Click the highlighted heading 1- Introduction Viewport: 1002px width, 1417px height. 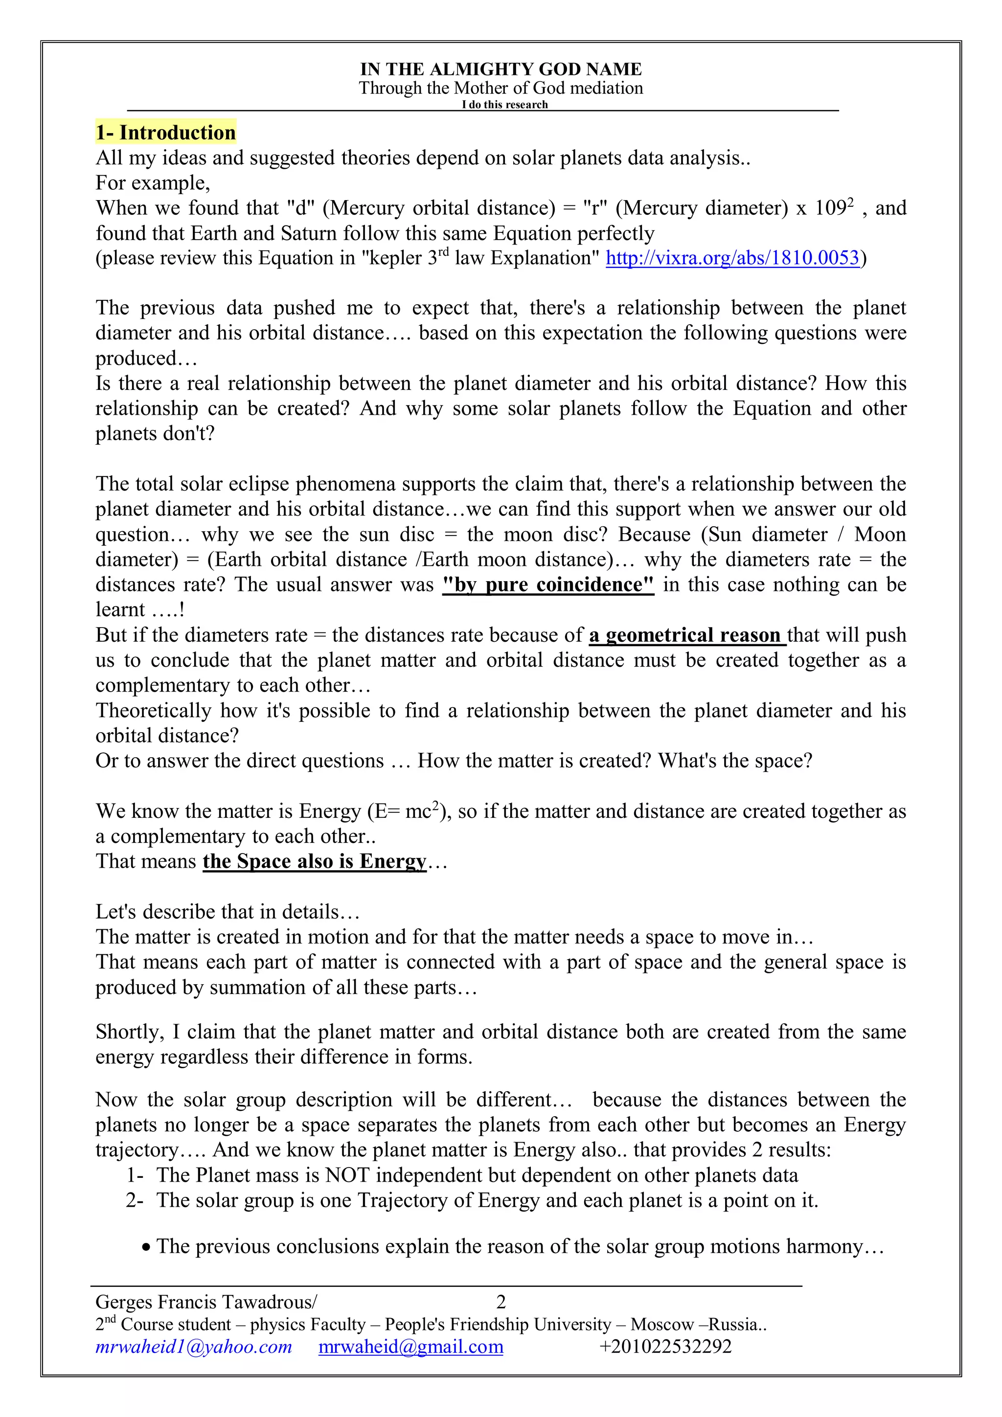pos(165,133)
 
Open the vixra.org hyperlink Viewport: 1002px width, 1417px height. pos(732,258)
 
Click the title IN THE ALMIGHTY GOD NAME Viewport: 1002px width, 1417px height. pos(501,69)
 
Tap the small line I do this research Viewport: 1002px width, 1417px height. pos(504,105)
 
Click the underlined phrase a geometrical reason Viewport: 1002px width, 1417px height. pos(686,635)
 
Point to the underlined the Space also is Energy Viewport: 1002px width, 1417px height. pos(314,861)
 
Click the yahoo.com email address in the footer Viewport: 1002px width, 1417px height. pos(193,1347)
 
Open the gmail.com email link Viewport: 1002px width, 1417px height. pos(410,1347)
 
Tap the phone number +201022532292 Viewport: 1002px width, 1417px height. pos(665,1347)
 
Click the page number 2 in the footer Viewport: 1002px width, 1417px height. pos(501,1302)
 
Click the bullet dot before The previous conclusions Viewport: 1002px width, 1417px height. pos(146,1248)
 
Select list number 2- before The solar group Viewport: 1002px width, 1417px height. pos(135,1200)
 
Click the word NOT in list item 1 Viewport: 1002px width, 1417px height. pos(346,1175)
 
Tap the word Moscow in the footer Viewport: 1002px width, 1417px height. pos(662,1325)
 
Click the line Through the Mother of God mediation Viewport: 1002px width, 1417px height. pos(501,88)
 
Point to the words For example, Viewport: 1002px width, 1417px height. pos(153,183)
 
